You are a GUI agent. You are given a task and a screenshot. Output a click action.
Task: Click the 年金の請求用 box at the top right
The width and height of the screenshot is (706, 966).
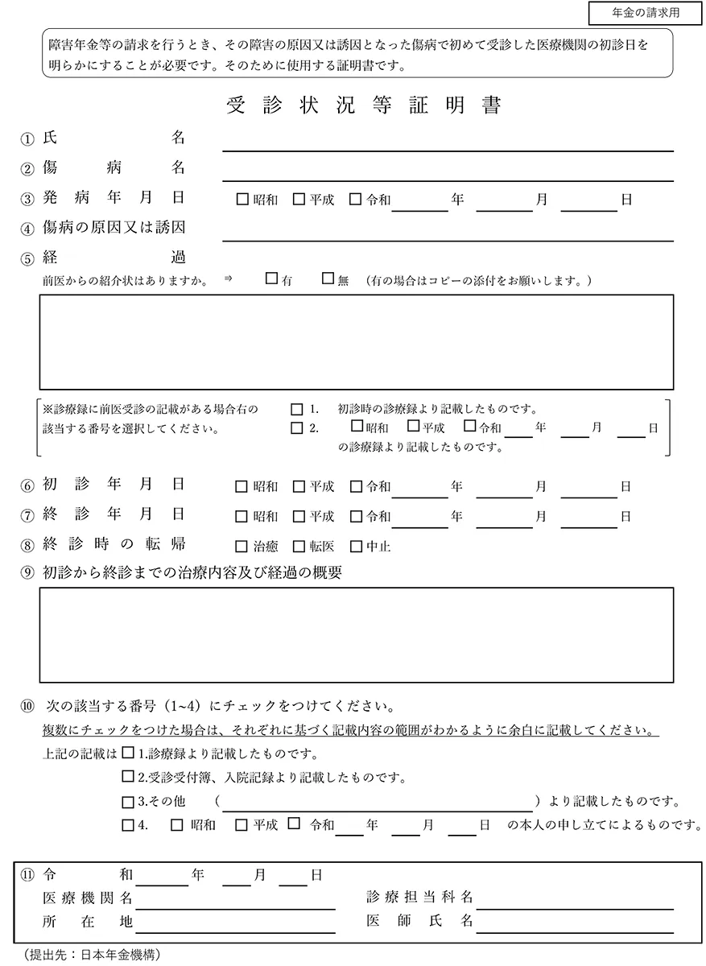[x=640, y=14]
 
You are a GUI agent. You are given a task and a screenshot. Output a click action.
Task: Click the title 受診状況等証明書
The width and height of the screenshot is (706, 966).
[x=363, y=107]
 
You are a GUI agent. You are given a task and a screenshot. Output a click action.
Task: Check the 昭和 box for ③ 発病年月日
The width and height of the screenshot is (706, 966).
[x=242, y=199]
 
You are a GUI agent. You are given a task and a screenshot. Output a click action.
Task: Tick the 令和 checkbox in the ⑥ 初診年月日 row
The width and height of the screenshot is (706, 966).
[x=357, y=486]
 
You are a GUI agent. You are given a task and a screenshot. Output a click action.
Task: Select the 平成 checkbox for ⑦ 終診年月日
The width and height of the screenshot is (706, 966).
[x=299, y=516]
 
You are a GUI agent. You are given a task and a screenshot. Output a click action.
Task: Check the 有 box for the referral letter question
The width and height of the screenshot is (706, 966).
[x=271, y=279]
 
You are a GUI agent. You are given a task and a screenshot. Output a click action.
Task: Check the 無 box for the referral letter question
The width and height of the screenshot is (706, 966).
[x=328, y=279]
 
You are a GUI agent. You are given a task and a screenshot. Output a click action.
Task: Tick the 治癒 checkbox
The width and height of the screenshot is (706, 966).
[x=242, y=547]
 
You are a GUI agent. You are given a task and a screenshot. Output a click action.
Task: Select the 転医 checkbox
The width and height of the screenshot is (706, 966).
[x=299, y=547]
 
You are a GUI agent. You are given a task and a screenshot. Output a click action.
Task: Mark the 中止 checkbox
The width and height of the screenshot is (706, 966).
[x=357, y=547]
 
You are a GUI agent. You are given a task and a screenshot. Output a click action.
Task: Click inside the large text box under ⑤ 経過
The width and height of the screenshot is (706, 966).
[x=357, y=341]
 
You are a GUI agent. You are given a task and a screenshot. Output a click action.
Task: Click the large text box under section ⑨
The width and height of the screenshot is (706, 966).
[x=357, y=634]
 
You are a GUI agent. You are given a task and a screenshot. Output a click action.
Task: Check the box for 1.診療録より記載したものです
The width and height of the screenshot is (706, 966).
[x=128, y=753]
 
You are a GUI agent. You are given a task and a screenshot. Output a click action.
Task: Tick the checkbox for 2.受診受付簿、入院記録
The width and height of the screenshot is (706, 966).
[x=128, y=777]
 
